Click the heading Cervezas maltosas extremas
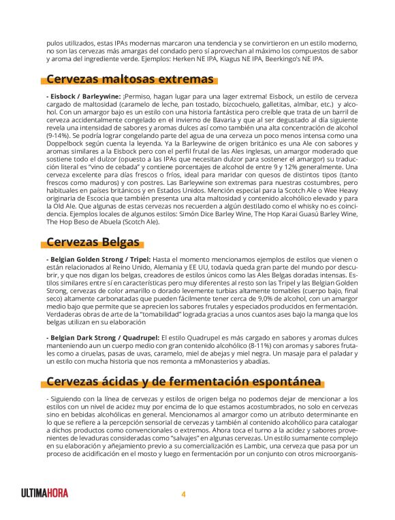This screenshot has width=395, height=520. [x=130, y=79]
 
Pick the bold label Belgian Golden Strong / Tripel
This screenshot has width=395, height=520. [x=98, y=260]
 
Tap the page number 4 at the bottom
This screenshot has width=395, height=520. [x=183, y=493]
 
